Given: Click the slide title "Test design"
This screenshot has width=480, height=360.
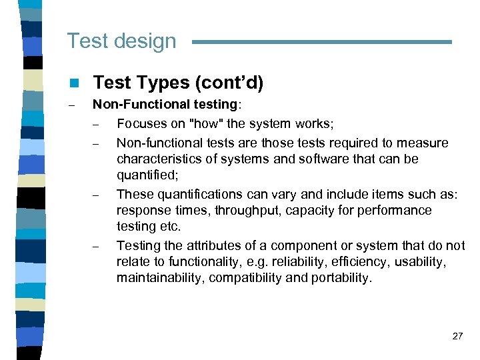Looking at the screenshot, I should pos(121,41).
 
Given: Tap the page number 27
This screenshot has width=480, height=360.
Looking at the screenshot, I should pos(457,336).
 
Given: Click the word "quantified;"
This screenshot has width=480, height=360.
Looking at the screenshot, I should pos(145,175).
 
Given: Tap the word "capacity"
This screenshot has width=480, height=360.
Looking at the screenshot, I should pos(291,210).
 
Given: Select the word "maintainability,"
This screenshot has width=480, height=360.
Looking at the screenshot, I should pos(161,278).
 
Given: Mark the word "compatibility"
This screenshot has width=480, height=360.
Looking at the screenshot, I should pos(243,278).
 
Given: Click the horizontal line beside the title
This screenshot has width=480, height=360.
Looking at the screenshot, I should pos(321,42).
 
